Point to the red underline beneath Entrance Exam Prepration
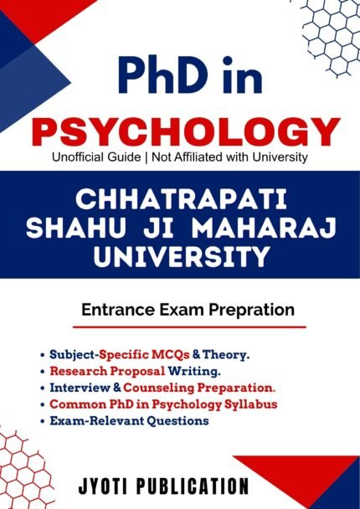(188, 326)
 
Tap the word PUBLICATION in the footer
(206, 486)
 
